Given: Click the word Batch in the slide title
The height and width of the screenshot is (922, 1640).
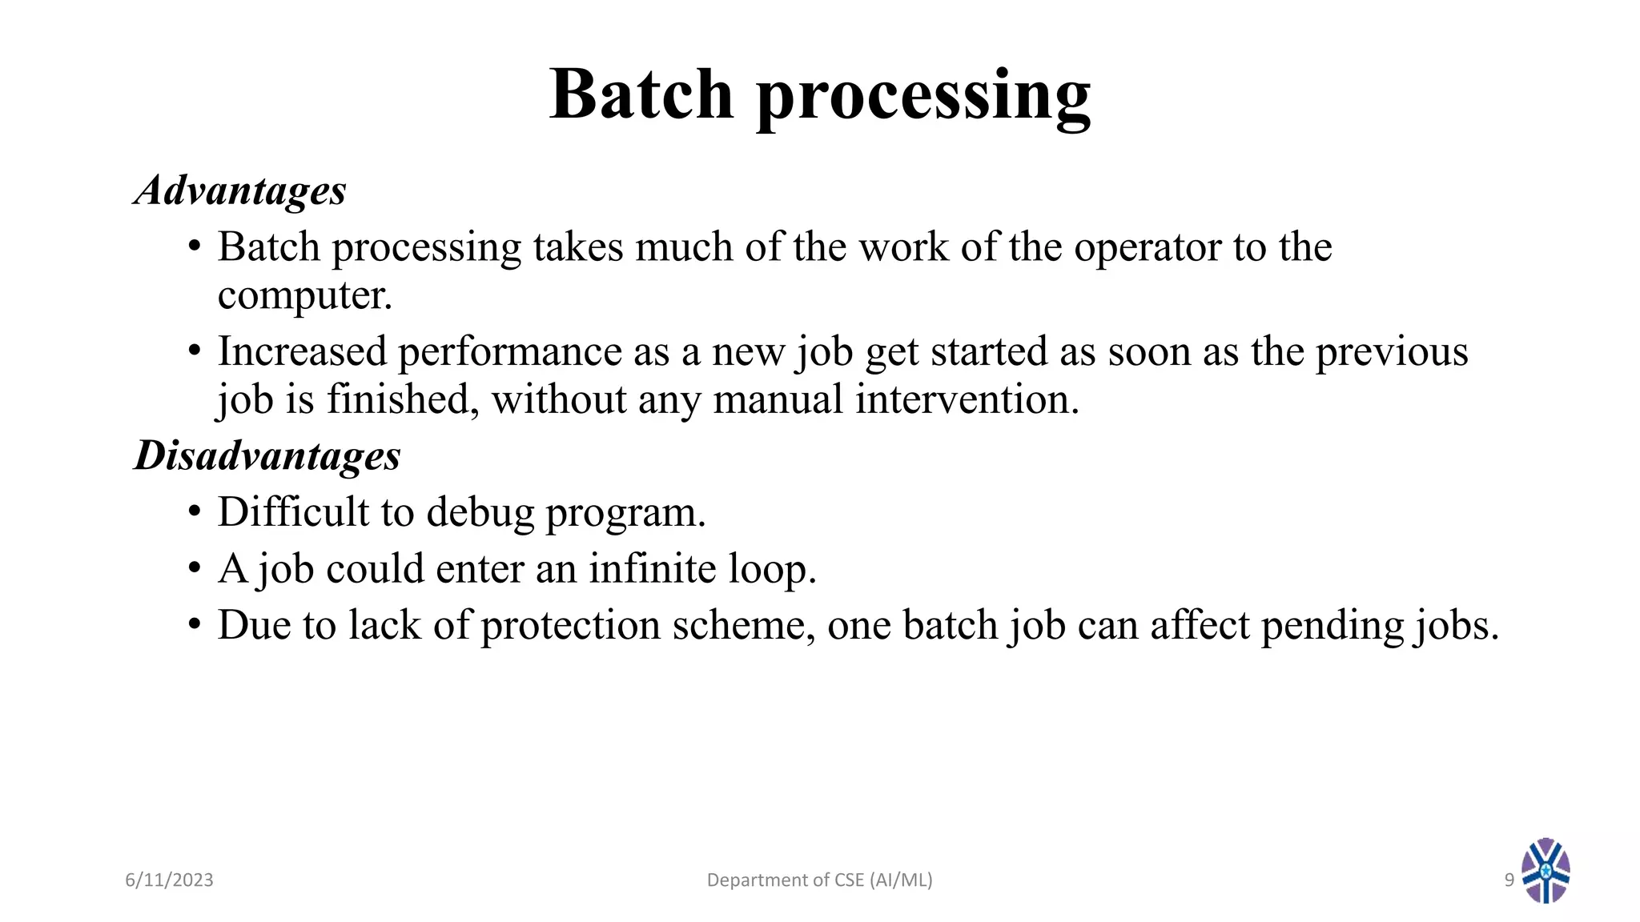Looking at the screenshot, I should (641, 94).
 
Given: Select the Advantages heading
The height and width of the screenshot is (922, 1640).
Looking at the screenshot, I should (240, 191).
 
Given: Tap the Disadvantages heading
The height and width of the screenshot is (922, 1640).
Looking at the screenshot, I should (267, 456).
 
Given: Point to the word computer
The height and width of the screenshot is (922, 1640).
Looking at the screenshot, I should (304, 296).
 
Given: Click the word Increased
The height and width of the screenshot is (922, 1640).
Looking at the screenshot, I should (302, 352).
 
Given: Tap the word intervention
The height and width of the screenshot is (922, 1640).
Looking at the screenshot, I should (967, 399).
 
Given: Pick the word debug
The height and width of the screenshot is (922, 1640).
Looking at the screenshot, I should (480, 514).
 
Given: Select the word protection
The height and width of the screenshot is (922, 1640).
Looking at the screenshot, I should (570, 626).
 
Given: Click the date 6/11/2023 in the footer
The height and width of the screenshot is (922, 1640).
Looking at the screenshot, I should (169, 880).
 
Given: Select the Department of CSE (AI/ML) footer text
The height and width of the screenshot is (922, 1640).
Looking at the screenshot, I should (819, 880).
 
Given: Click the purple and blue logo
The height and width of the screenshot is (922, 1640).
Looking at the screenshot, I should (1546, 871).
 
